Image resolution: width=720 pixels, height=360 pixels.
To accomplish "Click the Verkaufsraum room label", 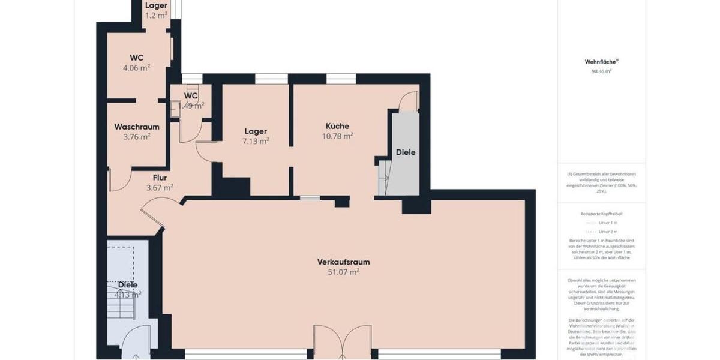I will click(x=343, y=262).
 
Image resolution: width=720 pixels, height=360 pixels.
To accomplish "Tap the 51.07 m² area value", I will click(x=343, y=272).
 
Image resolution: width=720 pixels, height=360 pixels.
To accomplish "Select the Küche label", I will click(x=337, y=126).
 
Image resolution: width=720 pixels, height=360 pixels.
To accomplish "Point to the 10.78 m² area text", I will click(x=337, y=136).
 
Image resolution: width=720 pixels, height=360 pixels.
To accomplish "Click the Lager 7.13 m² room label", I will click(x=256, y=131).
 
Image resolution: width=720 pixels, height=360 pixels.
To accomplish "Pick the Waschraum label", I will click(x=137, y=127).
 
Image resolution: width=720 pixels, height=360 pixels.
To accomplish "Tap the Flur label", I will click(x=160, y=178).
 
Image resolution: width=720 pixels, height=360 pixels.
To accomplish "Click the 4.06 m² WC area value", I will click(x=136, y=67).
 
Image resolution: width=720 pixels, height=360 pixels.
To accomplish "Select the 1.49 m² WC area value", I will click(x=191, y=105).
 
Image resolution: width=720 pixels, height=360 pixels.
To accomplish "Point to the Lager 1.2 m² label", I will click(x=157, y=6).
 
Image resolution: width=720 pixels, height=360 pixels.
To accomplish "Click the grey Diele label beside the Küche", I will click(x=406, y=152).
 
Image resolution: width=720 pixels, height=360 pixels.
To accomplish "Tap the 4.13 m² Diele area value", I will click(x=128, y=294).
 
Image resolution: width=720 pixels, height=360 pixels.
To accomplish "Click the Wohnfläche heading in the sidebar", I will click(x=601, y=61).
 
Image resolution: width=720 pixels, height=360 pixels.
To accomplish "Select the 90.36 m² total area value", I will click(x=601, y=71).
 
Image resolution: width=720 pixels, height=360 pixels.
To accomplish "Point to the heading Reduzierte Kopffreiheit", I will click(x=601, y=214).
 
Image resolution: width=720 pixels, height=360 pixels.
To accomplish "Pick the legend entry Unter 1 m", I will click(x=608, y=223).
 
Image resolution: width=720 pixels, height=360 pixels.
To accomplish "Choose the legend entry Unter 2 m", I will click(x=608, y=232).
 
